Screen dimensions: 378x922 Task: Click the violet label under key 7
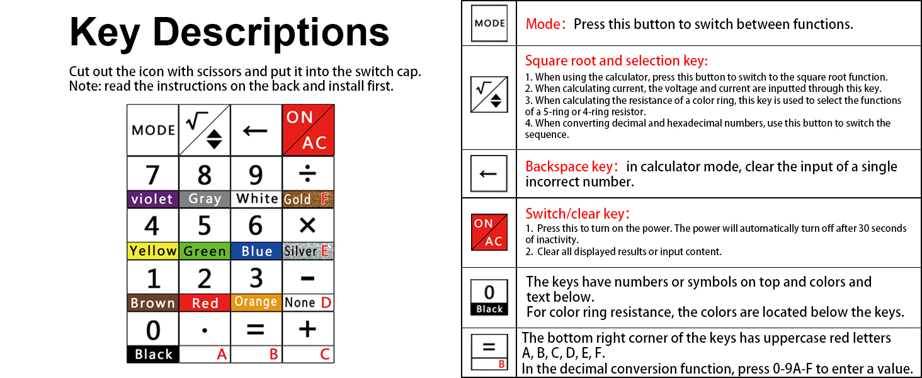tap(152, 199)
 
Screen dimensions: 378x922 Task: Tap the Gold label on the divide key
tap(298, 199)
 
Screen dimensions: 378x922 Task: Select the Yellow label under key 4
tap(152, 251)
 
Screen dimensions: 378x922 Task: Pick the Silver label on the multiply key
tap(300, 251)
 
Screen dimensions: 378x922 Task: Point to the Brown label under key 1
tap(152, 303)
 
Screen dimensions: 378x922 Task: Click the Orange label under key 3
tap(256, 302)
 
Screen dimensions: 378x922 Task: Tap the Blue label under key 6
tap(256, 251)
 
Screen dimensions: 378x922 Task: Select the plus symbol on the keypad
tap(307, 329)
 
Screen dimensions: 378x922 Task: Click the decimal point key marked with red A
tap(205, 338)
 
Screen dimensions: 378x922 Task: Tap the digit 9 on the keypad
tap(256, 175)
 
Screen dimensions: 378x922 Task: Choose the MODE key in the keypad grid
tap(153, 130)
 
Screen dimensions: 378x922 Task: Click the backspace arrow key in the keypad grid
tap(256, 130)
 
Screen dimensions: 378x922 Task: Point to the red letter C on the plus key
tap(325, 355)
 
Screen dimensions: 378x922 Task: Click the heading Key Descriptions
tap(229, 33)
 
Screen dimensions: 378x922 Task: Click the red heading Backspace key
tap(569, 167)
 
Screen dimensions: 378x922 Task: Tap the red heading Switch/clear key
tap(578, 214)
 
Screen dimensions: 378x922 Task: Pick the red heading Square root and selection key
tap(617, 61)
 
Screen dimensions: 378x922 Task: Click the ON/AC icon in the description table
tap(489, 232)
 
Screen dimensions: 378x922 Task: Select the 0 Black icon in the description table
tap(489, 297)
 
